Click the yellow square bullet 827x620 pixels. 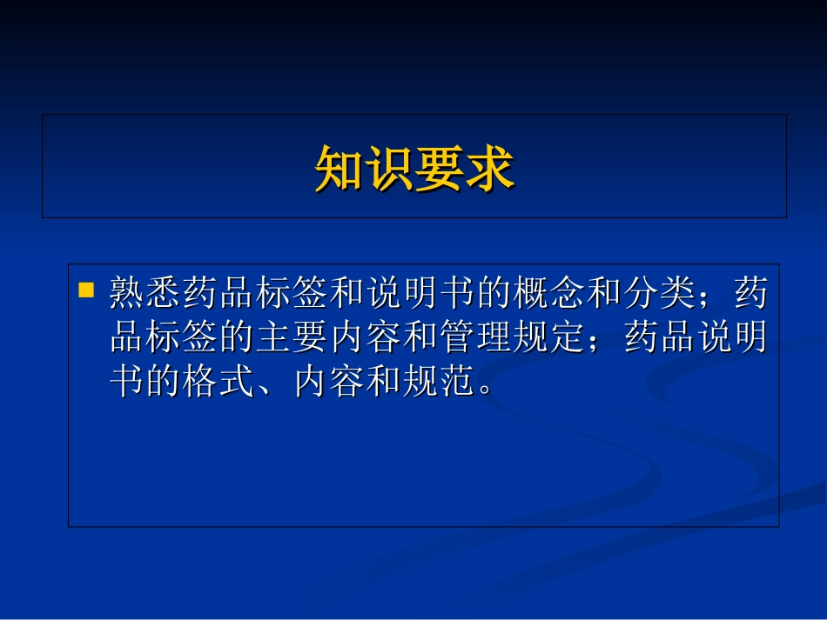click(86, 290)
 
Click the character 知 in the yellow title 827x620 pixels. click(339, 168)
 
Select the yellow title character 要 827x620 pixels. click(439, 168)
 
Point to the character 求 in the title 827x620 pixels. click(489, 168)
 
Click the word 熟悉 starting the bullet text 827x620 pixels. click(145, 294)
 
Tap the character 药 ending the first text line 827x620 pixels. click(751, 294)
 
